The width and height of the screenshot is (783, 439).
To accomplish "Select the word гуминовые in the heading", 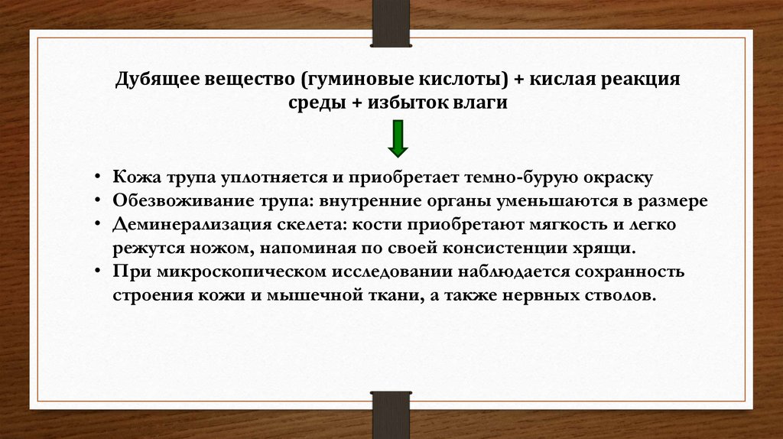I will [355, 80].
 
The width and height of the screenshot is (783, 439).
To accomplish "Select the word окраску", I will [619, 178].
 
